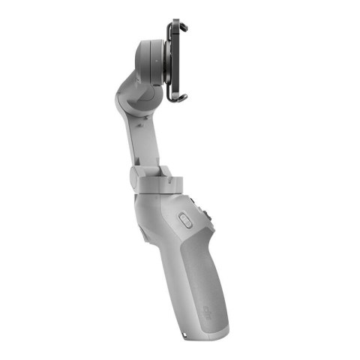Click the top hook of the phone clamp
(x=179, y=26)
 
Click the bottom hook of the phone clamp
(x=177, y=100)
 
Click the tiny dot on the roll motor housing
(x=153, y=54)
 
